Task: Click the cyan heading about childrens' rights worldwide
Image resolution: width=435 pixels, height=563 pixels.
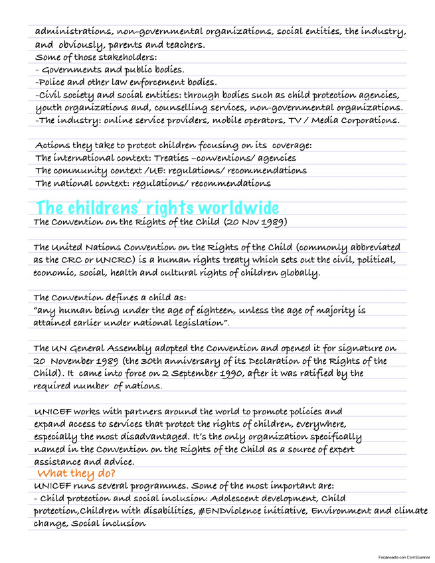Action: click(157, 207)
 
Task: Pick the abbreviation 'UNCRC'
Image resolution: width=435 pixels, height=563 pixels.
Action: click(110, 260)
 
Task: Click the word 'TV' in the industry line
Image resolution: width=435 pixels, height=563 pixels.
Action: click(315, 120)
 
